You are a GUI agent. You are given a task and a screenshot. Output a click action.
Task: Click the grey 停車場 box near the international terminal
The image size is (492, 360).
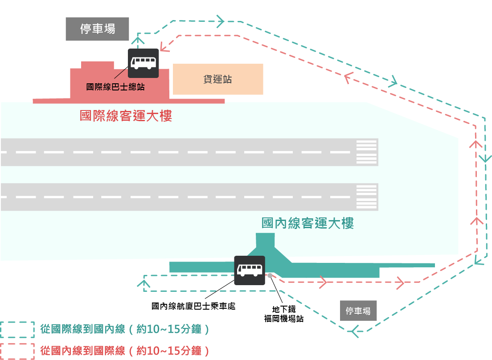[97, 29]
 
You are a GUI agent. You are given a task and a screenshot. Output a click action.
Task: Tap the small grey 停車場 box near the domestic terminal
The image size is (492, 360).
[358, 311]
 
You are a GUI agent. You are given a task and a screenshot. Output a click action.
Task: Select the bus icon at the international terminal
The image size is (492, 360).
[143, 63]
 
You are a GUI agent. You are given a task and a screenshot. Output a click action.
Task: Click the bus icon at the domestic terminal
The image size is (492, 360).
[250, 270]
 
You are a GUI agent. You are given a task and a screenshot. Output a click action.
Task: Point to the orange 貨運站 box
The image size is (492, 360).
[218, 79]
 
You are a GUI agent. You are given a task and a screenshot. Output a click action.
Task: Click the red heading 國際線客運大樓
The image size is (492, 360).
[126, 116]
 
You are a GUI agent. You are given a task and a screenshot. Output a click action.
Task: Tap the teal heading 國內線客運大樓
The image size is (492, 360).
[307, 223]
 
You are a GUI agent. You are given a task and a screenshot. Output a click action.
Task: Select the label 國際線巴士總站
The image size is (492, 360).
[115, 87]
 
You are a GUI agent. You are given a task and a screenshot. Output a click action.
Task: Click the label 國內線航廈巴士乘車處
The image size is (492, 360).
[193, 306]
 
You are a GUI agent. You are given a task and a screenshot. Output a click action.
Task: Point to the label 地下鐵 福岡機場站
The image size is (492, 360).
[284, 314]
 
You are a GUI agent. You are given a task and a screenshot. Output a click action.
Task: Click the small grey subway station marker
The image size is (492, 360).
[270, 274]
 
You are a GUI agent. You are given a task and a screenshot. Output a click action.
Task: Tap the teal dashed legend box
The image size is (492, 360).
[17, 330]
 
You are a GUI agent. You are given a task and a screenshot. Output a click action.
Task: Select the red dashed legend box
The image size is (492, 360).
[17, 351]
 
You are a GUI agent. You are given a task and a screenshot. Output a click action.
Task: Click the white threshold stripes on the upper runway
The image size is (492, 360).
[366, 152]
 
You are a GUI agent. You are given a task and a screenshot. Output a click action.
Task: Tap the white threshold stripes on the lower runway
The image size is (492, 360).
[366, 196]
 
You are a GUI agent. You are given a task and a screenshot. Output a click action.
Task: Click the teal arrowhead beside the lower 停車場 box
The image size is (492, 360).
[354, 331]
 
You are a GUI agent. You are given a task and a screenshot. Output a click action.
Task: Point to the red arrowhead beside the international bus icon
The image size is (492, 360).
[163, 45]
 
